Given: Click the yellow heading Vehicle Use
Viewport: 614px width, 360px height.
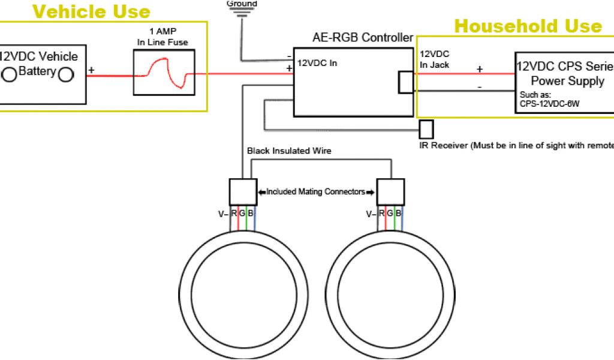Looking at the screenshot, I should click(91, 11).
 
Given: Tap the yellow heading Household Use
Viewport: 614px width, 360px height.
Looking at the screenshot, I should click(528, 26).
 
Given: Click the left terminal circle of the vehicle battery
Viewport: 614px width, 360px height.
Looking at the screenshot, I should click(10, 74).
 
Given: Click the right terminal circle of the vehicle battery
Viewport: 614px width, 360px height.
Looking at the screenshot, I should click(65, 74).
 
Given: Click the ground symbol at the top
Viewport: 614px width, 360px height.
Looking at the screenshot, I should click(242, 13).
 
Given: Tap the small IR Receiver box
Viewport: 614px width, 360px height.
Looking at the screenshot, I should click(426, 129).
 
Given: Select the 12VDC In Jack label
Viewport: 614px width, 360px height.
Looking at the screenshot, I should click(434, 59).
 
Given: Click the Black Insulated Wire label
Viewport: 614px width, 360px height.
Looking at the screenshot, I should click(289, 151).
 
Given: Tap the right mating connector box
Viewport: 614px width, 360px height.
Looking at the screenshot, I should click(390, 191).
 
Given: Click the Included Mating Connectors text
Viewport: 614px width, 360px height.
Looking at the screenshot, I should click(316, 192).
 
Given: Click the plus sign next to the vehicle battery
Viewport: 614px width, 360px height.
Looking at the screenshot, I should click(92, 70).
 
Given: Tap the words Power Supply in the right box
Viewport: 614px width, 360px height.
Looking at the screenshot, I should click(567, 81).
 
